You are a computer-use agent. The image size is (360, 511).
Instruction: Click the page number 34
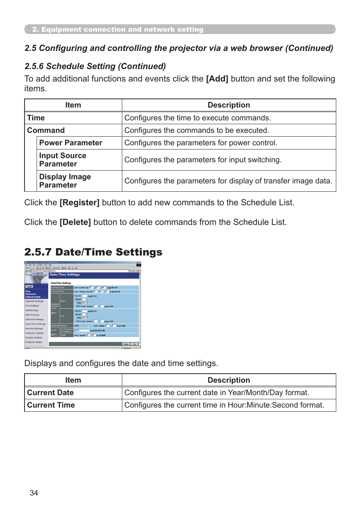[x=34, y=493]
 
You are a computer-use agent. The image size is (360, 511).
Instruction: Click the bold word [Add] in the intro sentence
[x=217, y=79]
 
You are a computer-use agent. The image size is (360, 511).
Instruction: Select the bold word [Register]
[x=79, y=203]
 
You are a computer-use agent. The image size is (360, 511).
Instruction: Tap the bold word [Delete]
[x=75, y=222]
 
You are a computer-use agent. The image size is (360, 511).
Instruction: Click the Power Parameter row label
[x=71, y=143]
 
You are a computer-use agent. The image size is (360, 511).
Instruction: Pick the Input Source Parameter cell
[x=63, y=160]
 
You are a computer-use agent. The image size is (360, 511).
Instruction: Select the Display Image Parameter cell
[x=65, y=181]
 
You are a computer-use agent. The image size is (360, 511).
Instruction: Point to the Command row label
[x=46, y=130]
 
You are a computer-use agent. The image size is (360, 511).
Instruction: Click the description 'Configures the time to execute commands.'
[x=197, y=118]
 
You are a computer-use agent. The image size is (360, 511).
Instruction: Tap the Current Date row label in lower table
[x=50, y=392]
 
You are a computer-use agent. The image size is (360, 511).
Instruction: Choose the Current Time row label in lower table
[x=51, y=405]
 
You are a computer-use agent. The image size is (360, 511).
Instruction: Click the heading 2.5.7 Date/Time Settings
[x=93, y=252]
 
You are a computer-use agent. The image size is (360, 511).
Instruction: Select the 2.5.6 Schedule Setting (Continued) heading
[x=95, y=66]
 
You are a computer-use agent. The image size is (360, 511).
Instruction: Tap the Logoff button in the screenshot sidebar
[x=29, y=286]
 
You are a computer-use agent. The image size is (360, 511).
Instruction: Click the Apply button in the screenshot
[x=126, y=344]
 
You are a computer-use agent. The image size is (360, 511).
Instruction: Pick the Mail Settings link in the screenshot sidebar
[x=32, y=310]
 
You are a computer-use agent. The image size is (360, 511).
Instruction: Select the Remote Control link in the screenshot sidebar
[x=34, y=337]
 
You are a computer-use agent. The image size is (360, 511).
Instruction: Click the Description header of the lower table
[x=229, y=380]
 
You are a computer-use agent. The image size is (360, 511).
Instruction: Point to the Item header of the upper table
[x=73, y=105]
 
